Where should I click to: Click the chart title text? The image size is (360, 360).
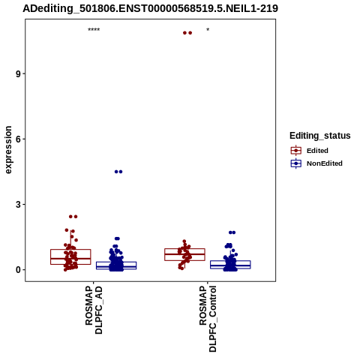(150, 9)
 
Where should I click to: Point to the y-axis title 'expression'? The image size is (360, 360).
(8, 150)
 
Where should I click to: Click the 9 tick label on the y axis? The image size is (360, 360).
(18, 73)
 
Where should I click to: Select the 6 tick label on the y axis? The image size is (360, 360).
(18, 139)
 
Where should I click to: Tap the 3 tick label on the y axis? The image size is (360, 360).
(18, 205)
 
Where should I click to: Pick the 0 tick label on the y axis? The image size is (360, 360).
(18, 270)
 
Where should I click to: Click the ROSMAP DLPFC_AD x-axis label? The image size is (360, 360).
(94, 310)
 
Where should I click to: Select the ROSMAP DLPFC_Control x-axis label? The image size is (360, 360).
(208, 319)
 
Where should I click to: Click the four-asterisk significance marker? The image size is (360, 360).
(94, 30)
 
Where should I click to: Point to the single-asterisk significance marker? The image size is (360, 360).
(208, 30)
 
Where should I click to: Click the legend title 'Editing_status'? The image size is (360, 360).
(320, 136)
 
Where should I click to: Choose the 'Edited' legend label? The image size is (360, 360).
(317, 151)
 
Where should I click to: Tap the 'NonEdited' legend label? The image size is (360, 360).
(325, 163)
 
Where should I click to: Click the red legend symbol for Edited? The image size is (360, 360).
(296, 151)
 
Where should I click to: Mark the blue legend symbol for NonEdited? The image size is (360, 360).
(296, 163)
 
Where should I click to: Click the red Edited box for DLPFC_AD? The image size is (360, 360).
(70, 250)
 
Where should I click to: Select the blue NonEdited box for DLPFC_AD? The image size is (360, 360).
(116, 262)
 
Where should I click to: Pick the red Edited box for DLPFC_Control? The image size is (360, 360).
(184, 249)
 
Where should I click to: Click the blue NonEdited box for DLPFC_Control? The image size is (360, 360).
(230, 261)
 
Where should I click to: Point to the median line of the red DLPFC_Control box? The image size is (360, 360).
(184, 254)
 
